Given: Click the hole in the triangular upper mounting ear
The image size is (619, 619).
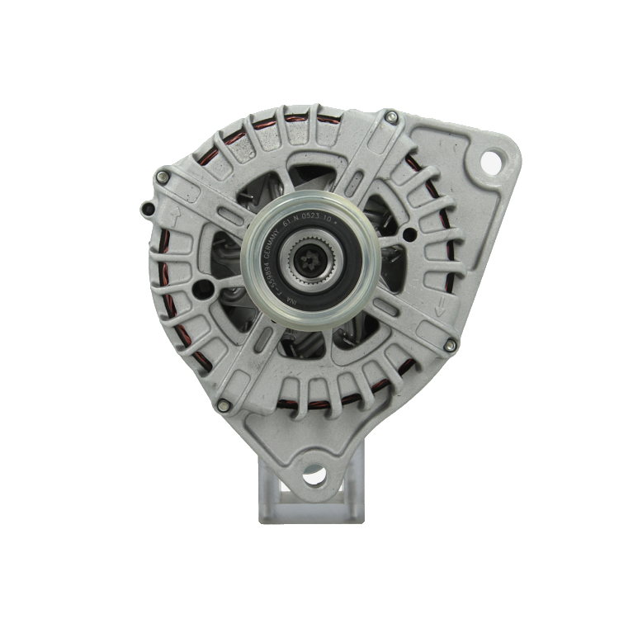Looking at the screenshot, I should [490, 162].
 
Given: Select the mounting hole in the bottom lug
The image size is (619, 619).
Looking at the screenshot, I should [314, 475].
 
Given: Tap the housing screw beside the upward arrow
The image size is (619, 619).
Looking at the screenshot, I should [163, 177].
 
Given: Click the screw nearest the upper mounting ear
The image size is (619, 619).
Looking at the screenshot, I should [391, 117].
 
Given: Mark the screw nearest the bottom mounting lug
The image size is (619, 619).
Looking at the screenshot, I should [223, 405].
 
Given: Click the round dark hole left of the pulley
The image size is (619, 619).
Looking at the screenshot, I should [200, 289].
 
